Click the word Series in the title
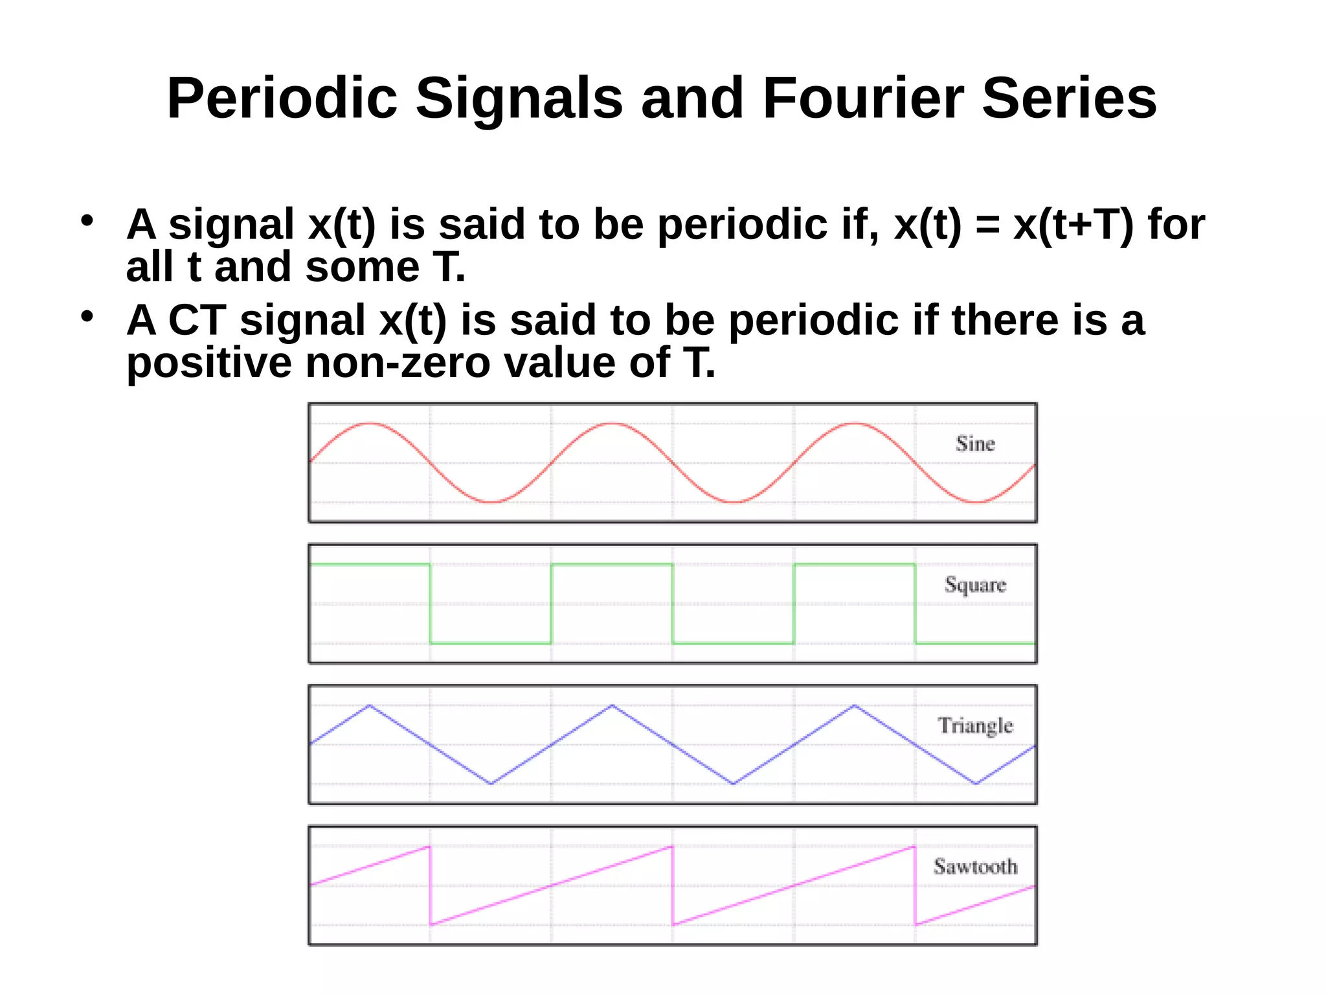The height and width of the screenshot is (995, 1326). coord(1069,98)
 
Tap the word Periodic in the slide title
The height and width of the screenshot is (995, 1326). coord(282,98)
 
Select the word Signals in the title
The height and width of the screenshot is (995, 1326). coord(519,98)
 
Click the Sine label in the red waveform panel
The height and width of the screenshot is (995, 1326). coord(975,444)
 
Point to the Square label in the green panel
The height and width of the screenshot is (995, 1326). coord(975,585)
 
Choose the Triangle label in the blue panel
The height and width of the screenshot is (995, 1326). coord(975,726)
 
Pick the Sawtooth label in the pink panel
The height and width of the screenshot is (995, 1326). coord(975,866)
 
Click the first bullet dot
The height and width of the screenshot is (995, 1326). coord(87,220)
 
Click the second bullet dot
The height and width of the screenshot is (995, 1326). coord(87,316)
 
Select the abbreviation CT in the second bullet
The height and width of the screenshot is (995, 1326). coord(197,320)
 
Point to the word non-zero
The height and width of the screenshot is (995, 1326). coord(398,363)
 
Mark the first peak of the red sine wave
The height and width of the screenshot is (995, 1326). coord(370,424)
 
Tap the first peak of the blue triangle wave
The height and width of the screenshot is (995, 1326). coord(370,705)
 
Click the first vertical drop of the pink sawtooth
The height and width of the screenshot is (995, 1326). coord(430,885)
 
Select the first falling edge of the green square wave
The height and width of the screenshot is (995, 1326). coord(430,604)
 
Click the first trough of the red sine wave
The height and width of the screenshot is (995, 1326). coord(492,502)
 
